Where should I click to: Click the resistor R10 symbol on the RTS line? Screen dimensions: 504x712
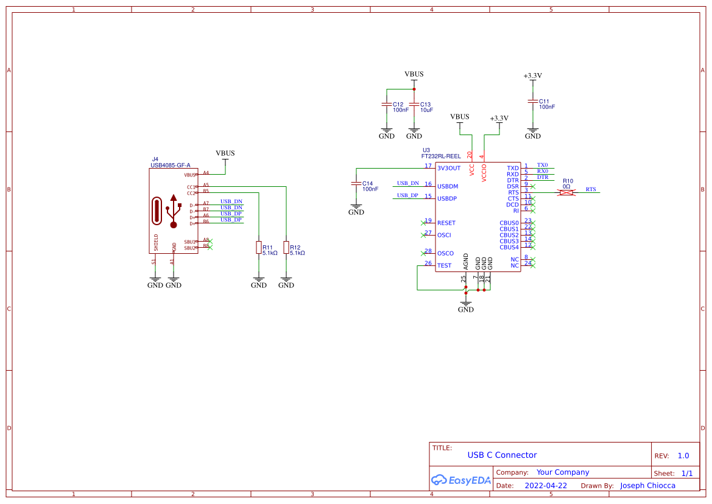click(x=567, y=192)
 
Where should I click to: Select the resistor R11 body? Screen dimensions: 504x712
click(x=259, y=247)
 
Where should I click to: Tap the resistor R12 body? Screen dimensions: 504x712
click(x=286, y=247)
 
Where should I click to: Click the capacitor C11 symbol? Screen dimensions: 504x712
click(x=533, y=101)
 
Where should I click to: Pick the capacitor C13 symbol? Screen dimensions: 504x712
click(x=414, y=104)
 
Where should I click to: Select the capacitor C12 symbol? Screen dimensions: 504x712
click(x=386, y=104)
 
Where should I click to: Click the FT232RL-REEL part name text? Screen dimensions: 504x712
click(x=441, y=156)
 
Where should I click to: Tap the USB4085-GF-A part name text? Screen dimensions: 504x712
click(x=171, y=165)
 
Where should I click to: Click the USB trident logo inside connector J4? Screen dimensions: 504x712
click(x=174, y=211)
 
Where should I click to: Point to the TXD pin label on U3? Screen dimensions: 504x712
click(x=513, y=168)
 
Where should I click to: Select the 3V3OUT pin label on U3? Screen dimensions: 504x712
click(x=449, y=168)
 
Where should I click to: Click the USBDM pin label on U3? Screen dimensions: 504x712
click(x=447, y=186)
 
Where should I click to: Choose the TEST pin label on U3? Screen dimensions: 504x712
click(x=445, y=265)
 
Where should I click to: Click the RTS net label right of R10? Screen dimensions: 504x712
click(x=591, y=189)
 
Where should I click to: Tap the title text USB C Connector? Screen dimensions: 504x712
click(x=502, y=455)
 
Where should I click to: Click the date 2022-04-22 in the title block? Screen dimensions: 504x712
click(x=546, y=486)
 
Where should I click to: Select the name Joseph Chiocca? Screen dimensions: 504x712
click(x=647, y=486)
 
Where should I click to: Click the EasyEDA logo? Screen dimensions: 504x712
click(x=461, y=480)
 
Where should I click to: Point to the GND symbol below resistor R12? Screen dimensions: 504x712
click(x=286, y=283)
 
